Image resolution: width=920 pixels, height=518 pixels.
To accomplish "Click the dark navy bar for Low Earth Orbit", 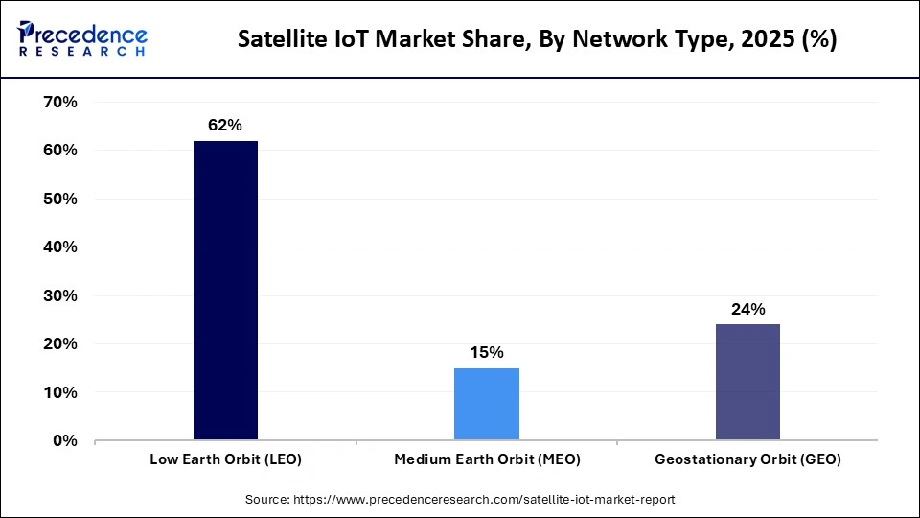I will pyautogui.click(x=225, y=291).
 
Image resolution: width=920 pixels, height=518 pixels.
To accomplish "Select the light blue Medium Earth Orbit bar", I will pyautogui.click(x=487, y=404).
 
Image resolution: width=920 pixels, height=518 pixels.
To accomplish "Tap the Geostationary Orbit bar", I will pyautogui.click(x=747, y=382).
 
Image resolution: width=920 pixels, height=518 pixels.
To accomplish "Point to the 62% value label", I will pyautogui.click(x=225, y=126).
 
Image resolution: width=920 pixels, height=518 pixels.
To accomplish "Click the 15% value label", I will pyautogui.click(x=487, y=353).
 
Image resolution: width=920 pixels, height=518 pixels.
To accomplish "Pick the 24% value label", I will pyautogui.click(x=747, y=309).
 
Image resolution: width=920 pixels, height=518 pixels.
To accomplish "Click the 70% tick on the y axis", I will pyautogui.click(x=59, y=103).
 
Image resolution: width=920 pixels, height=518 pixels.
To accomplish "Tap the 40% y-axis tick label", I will pyautogui.click(x=59, y=247).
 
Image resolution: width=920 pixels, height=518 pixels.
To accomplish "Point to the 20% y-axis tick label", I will pyautogui.click(x=59, y=344).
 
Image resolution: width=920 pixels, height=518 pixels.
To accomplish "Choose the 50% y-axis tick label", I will pyautogui.click(x=59, y=200).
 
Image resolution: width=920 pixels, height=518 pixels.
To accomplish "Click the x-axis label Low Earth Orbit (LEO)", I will pyautogui.click(x=225, y=459).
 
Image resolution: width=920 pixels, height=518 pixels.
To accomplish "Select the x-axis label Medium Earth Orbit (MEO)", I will pyautogui.click(x=487, y=459).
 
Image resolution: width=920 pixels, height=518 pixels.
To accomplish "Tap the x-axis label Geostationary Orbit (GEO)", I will pyautogui.click(x=747, y=459).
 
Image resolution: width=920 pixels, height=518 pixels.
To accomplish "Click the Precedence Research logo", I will pyautogui.click(x=82, y=39).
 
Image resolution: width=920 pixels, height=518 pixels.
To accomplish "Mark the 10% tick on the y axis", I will pyautogui.click(x=59, y=393).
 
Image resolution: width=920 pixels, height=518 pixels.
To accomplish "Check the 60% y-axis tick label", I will pyautogui.click(x=59, y=151).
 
